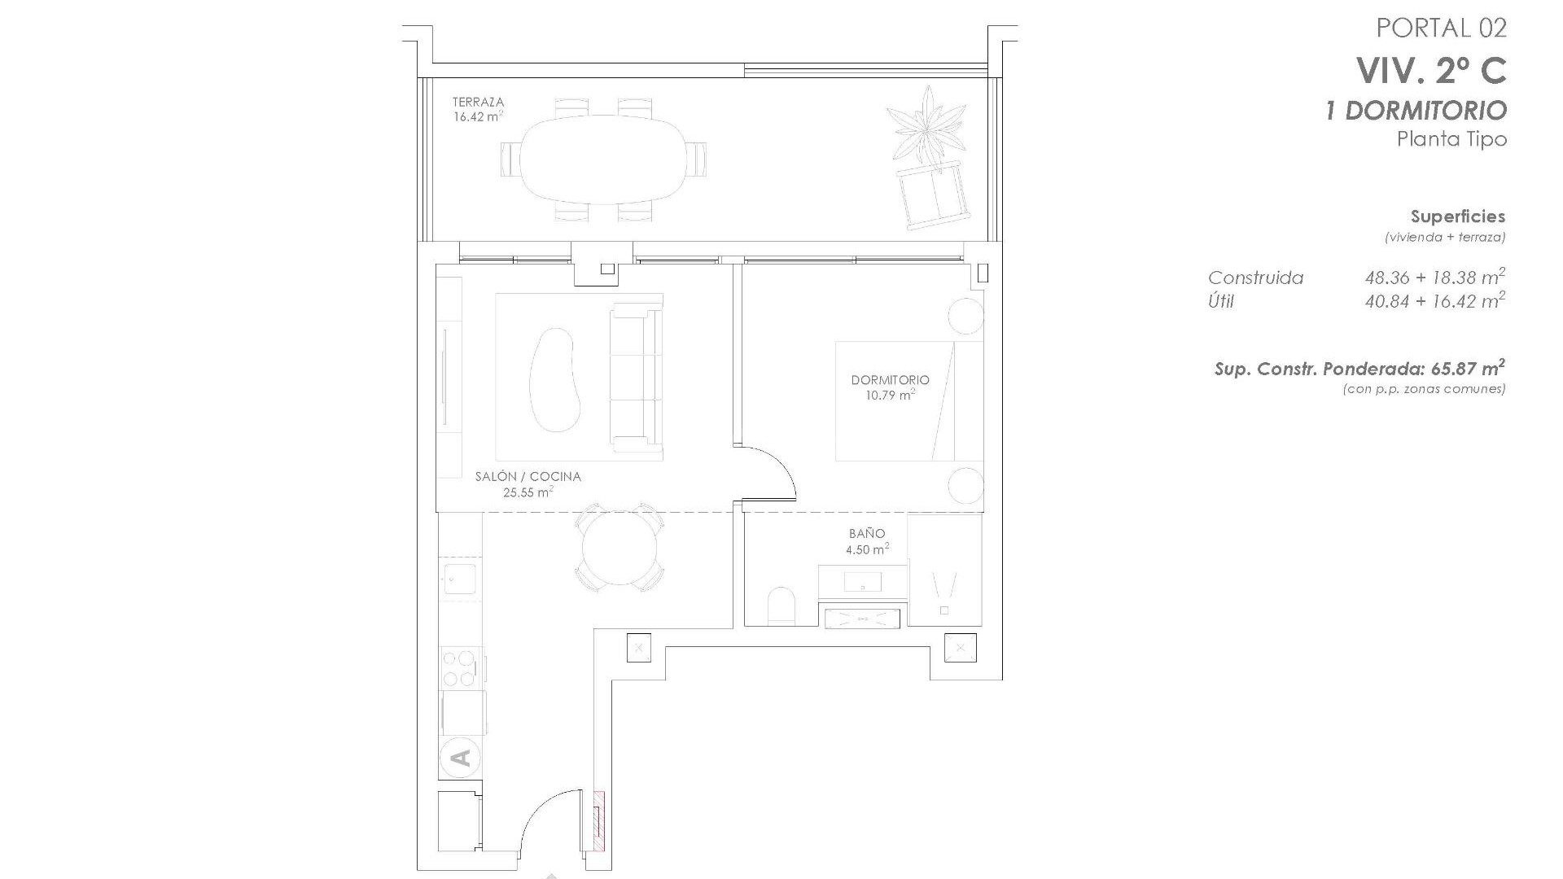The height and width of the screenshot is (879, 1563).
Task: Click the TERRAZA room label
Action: point(478,103)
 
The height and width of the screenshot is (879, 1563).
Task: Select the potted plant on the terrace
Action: point(926,126)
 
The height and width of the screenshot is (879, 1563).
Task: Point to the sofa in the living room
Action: point(636,378)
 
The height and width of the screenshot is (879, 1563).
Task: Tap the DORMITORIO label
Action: point(890,380)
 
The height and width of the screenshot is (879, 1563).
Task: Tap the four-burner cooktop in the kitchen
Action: point(458,668)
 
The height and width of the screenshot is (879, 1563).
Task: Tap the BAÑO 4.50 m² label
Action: point(866,541)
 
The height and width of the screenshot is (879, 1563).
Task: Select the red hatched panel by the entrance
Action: point(599,832)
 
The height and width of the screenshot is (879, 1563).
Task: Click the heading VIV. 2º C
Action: point(1431,71)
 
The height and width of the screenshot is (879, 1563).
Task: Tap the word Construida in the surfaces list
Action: point(1255,278)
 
